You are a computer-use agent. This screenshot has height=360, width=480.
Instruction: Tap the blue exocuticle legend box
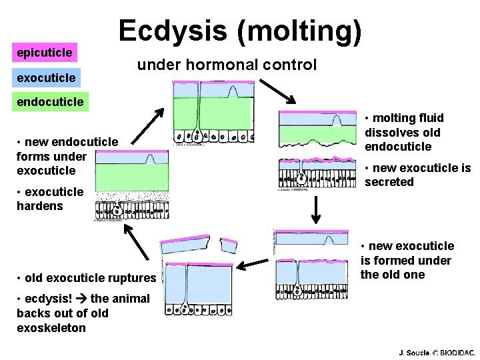point(46,78)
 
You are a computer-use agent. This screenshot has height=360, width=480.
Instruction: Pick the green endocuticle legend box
point(50,102)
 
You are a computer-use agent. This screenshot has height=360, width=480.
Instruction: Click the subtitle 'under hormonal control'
point(227,65)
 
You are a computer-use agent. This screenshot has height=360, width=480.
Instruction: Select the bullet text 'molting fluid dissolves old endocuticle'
point(403,132)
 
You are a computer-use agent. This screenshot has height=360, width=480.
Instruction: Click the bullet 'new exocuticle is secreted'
point(417,175)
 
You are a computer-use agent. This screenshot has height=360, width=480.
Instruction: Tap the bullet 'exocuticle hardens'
point(50,199)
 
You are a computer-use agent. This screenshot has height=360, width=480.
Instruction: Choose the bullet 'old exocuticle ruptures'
point(87,277)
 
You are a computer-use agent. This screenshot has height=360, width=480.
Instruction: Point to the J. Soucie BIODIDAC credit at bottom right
point(437,351)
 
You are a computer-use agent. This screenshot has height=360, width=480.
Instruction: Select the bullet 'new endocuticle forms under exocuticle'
point(67,156)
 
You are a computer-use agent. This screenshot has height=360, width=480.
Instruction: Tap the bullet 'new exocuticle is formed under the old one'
point(407,260)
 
